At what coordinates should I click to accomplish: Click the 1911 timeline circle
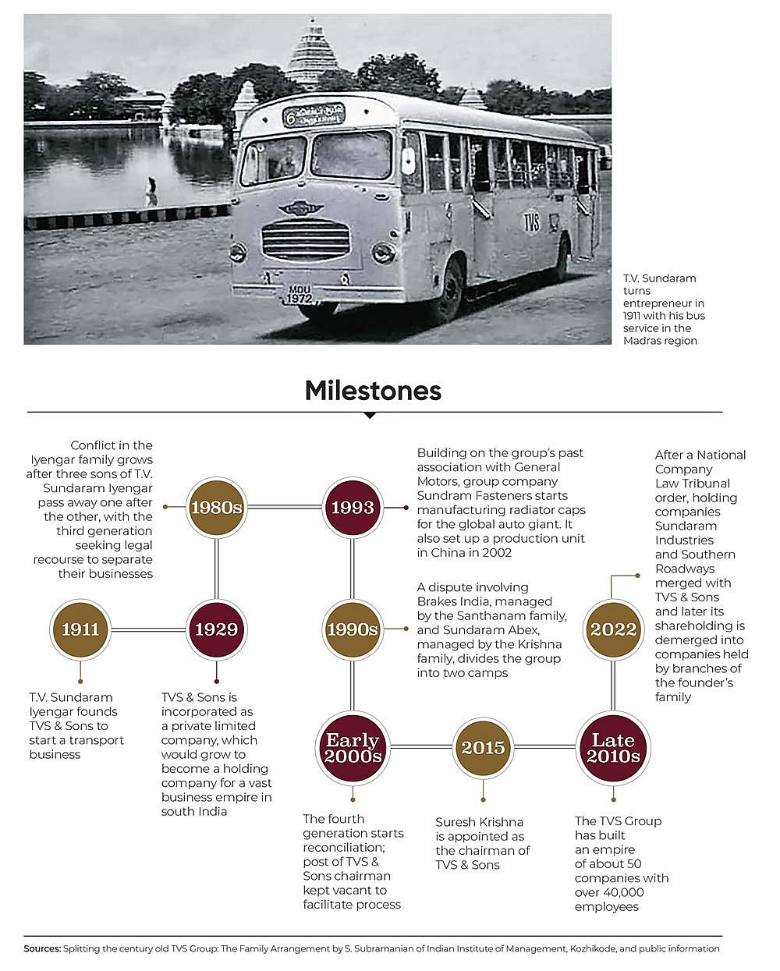[x=80, y=629]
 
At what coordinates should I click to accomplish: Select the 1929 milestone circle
[x=216, y=629]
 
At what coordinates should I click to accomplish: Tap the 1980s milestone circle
[x=216, y=507]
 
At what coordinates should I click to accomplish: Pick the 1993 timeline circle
[x=353, y=507]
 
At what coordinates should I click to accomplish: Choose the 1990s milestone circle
[x=353, y=629]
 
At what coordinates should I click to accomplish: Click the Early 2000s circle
[x=353, y=747]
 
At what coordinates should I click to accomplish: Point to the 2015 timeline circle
[x=483, y=747]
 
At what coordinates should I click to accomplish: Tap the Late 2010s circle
[x=613, y=747]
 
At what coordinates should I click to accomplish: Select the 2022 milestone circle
[x=613, y=629]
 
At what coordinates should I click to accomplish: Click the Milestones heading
[x=373, y=390]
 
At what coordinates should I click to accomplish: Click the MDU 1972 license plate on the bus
[x=299, y=294]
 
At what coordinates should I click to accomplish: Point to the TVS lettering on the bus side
[x=531, y=221]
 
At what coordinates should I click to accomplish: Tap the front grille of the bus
[x=305, y=239]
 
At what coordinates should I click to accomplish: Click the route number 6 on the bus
[x=289, y=119]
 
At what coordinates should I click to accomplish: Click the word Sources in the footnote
[x=41, y=949]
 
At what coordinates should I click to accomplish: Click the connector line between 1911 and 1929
[x=148, y=629]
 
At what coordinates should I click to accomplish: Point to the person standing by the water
[x=151, y=190]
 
